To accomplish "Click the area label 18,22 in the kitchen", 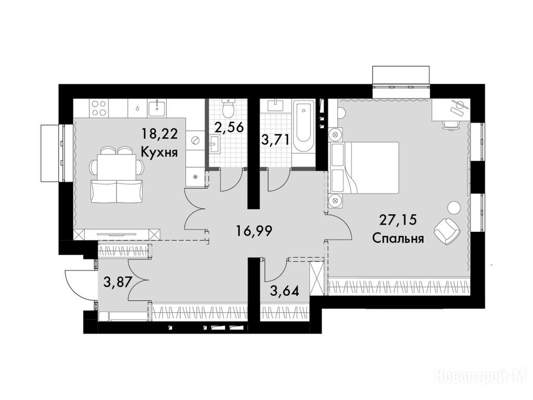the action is [x=159, y=134].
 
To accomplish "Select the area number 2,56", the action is [x=229, y=128].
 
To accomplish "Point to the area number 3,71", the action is [x=275, y=140].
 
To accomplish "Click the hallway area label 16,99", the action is [x=254, y=232].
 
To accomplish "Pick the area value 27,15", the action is [x=398, y=220].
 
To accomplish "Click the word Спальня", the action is [x=398, y=238].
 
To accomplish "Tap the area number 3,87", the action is [x=118, y=282].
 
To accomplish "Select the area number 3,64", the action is [x=285, y=291].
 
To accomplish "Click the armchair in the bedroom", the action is [x=447, y=231].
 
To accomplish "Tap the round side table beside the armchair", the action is [x=453, y=208].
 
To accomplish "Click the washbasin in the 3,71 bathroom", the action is [x=275, y=105].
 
